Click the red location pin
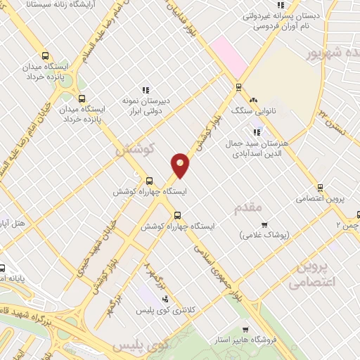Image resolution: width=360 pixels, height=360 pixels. click(x=181, y=165)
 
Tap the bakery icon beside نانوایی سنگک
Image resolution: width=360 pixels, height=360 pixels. click(x=253, y=101)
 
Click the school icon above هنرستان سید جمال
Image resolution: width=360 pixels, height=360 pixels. click(x=257, y=130)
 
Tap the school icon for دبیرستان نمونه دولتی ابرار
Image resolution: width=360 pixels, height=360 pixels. click(x=146, y=90)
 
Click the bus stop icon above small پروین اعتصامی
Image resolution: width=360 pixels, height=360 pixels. click(x=320, y=188)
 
